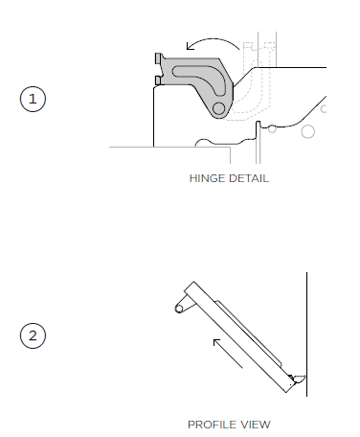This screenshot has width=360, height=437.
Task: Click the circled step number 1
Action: coord(33,99)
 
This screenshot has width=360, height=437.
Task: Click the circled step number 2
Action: coord(33,335)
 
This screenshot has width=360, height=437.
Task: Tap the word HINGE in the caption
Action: coord(208,178)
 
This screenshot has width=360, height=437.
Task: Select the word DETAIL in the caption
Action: coord(249,178)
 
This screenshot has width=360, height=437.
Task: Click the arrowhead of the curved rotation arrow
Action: coord(190,46)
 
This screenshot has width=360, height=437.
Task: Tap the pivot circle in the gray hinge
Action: coord(218,108)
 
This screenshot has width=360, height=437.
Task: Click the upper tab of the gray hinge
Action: coord(159,58)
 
